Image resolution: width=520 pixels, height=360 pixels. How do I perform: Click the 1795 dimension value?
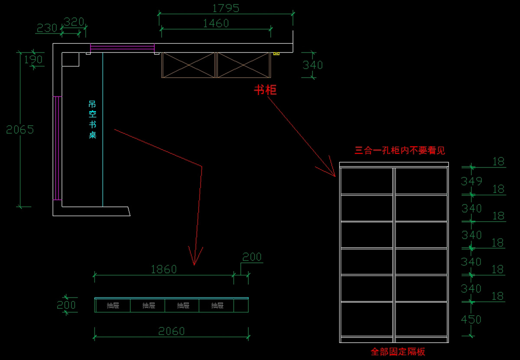tap(226, 8)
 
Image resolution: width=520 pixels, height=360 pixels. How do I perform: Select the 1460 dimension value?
tap(216, 23)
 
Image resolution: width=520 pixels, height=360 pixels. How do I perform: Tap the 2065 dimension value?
tap(20, 130)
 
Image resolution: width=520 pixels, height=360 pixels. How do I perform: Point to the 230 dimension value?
tap(47, 28)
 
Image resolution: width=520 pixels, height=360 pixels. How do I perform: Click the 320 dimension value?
tap(74, 22)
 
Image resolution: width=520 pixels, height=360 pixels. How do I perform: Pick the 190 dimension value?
tap(33, 60)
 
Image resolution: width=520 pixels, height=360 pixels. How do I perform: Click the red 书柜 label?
tap(265, 90)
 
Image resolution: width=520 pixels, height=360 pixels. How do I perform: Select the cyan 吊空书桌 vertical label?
tap(92, 120)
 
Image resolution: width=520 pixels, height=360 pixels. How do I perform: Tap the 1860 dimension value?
tap(164, 270)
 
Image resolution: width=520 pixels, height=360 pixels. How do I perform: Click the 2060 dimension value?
tap(172, 331)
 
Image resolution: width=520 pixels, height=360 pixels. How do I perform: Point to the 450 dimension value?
tap(471, 320)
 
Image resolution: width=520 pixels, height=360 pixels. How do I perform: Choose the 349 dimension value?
tap(471, 181)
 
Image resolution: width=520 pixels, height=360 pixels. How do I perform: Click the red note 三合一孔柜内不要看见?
tap(400, 151)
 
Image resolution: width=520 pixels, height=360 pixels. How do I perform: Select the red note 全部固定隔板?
tap(398, 352)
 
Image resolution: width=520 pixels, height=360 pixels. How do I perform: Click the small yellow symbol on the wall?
tap(276, 54)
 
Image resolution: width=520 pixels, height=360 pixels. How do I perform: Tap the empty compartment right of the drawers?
tap(241, 306)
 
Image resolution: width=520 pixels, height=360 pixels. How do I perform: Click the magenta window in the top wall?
tap(122, 48)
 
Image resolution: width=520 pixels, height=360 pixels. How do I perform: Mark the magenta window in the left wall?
tap(57, 148)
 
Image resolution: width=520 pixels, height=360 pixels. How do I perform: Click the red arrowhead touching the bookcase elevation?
tap(330, 170)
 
